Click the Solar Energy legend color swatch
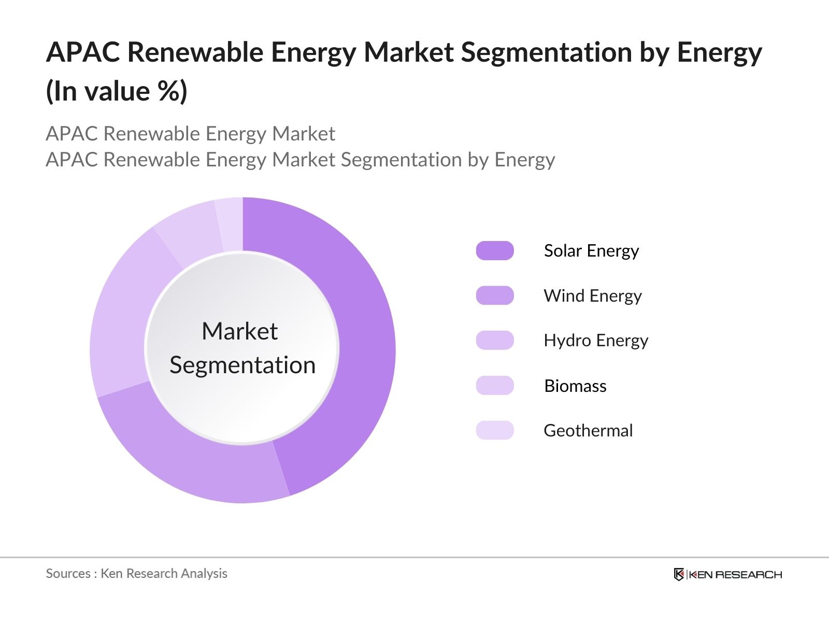click(x=495, y=251)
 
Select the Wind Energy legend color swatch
click(x=495, y=295)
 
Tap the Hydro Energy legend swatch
click(x=495, y=341)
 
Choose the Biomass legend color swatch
click(x=495, y=386)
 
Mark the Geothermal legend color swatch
click(x=495, y=430)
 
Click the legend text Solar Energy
click(x=591, y=251)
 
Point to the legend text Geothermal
click(x=588, y=430)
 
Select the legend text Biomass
click(x=575, y=386)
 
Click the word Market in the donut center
click(x=239, y=331)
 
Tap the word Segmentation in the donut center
click(x=242, y=365)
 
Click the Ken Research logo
click(x=728, y=574)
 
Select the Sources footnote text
click(x=137, y=573)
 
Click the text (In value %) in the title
click(x=117, y=91)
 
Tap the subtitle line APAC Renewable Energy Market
click(x=191, y=134)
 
